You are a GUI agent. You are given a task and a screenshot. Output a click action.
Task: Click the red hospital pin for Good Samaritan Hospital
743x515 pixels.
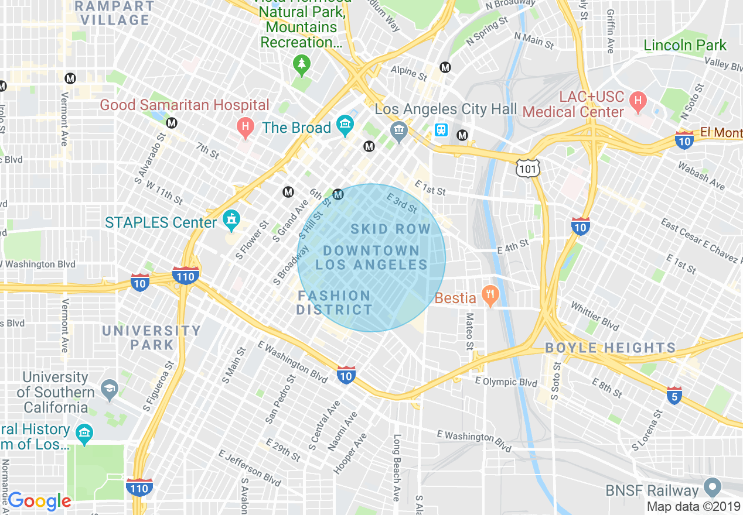coord(245,126)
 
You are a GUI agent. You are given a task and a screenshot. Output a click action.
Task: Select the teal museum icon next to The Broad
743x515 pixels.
coord(345,126)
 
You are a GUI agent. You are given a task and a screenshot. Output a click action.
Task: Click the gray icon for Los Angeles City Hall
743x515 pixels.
coord(399,131)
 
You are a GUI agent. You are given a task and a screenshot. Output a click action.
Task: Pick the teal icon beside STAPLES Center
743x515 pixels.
coord(232,220)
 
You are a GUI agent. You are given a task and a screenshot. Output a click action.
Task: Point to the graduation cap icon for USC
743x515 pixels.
coord(109,388)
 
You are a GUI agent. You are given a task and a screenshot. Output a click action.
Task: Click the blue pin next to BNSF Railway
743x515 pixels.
coord(713,487)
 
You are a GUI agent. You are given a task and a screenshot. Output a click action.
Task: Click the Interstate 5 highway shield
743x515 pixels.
coord(674,396)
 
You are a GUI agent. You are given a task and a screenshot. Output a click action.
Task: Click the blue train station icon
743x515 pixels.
coord(441,130)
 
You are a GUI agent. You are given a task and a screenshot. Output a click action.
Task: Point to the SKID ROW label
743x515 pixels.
coord(390,229)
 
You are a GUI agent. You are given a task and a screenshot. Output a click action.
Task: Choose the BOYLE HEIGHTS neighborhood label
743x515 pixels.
coord(610,348)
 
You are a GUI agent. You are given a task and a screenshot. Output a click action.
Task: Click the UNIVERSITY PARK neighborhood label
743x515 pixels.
coord(144,338)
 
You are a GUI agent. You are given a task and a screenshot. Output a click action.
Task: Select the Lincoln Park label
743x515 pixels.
coord(684,46)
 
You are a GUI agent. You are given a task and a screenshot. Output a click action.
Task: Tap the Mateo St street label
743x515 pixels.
coord(469,331)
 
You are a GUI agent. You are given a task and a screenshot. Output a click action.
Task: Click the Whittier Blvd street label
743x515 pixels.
coord(595,316)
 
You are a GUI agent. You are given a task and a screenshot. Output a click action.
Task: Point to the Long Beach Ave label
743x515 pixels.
coord(397,467)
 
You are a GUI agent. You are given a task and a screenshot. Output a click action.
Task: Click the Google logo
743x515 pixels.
coord(39,501)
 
